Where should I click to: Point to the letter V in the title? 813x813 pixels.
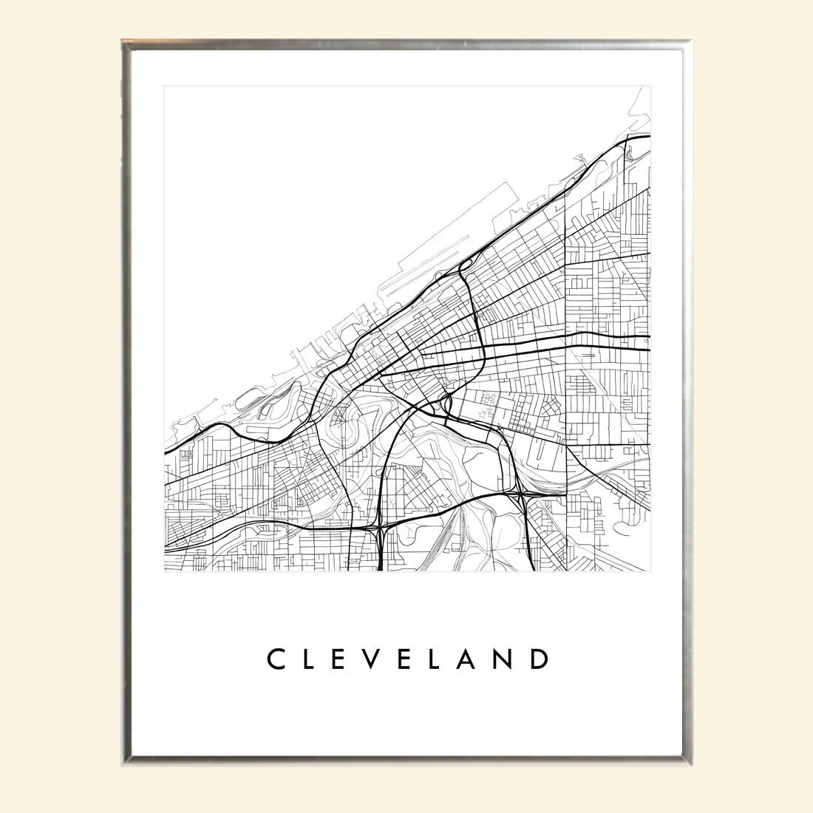[380, 659]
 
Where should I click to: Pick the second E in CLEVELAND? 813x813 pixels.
[415, 659]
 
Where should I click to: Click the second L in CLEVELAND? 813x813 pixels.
[448, 659]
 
